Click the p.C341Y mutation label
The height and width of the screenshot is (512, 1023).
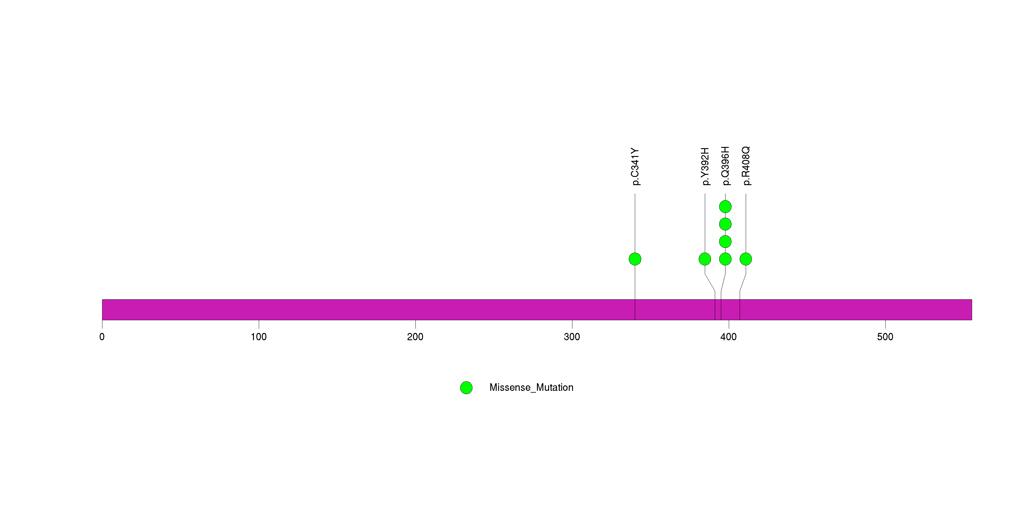tap(635, 167)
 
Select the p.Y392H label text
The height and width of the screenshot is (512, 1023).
tap(705, 167)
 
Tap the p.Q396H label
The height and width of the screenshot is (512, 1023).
tap(725, 166)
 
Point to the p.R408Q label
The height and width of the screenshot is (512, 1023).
tap(746, 166)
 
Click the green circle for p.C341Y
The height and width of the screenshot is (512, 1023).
tap(635, 259)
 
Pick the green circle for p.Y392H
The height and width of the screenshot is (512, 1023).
tap(705, 259)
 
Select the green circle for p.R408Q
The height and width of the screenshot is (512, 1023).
tap(746, 259)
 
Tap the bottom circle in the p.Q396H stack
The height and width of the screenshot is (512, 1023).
tap(725, 259)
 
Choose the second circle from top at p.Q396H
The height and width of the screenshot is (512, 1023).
tap(725, 224)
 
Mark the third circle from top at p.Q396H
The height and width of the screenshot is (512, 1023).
tap(725, 241)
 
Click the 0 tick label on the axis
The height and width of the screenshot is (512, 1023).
tap(102, 337)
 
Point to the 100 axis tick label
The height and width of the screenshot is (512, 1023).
tap(258, 337)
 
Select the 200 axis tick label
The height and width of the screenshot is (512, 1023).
tap(415, 337)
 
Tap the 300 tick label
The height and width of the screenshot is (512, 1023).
tap(572, 337)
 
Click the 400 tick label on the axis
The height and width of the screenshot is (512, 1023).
tap(729, 337)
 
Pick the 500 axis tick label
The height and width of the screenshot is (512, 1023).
tap(885, 337)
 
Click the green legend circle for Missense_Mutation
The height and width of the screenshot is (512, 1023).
tap(466, 388)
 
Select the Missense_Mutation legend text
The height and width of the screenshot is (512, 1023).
tap(531, 388)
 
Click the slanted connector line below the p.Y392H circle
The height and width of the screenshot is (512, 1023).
tap(710, 283)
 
